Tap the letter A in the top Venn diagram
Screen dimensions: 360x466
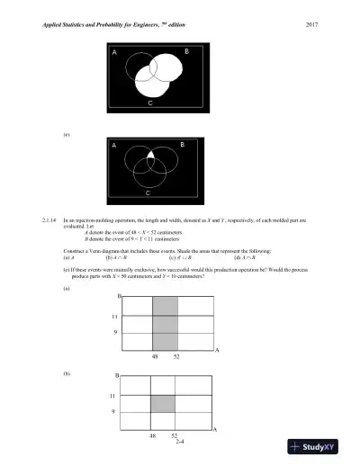(x=114, y=54)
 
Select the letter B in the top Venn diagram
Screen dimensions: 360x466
(x=186, y=54)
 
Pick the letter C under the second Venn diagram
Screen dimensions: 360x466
(x=148, y=193)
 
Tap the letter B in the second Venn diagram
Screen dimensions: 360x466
(x=182, y=144)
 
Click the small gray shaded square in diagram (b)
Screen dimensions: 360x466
(x=162, y=404)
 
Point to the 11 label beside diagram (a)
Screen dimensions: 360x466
(x=113, y=316)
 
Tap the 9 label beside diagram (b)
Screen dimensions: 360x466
(x=112, y=412)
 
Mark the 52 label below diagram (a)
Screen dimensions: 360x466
(x=178, y=356)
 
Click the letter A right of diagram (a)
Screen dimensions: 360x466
(x=218, y=348)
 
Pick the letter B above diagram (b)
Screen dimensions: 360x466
(x=117, y=375)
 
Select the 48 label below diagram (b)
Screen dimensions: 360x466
(x=153, y=435)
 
